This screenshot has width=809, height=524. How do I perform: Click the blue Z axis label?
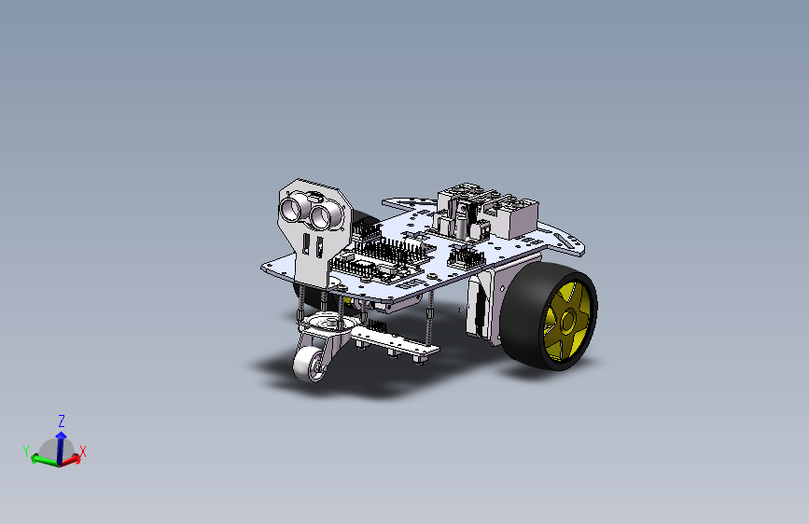62,421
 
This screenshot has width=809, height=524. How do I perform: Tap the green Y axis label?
26,450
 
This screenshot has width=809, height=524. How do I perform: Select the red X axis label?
82,452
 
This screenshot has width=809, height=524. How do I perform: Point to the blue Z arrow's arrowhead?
61,435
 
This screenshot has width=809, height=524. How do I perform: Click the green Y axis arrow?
45,460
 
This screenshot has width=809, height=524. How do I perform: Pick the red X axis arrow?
71,460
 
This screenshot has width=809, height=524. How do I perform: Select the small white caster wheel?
309,365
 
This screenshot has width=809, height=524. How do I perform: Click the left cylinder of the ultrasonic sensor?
290,208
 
